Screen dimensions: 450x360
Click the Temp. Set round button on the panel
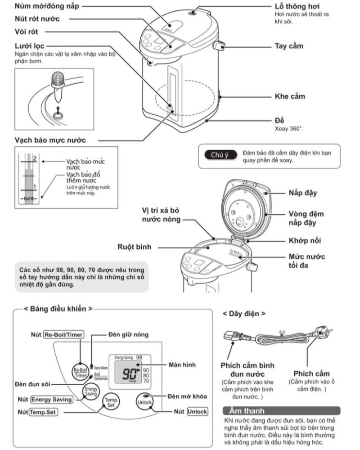pos(110,401)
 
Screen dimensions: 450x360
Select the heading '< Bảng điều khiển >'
pos(58,309)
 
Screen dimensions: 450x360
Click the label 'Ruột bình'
pos(135,247)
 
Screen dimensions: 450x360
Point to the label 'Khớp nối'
pos(305,241)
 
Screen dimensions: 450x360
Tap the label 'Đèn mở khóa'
pos(187,396)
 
